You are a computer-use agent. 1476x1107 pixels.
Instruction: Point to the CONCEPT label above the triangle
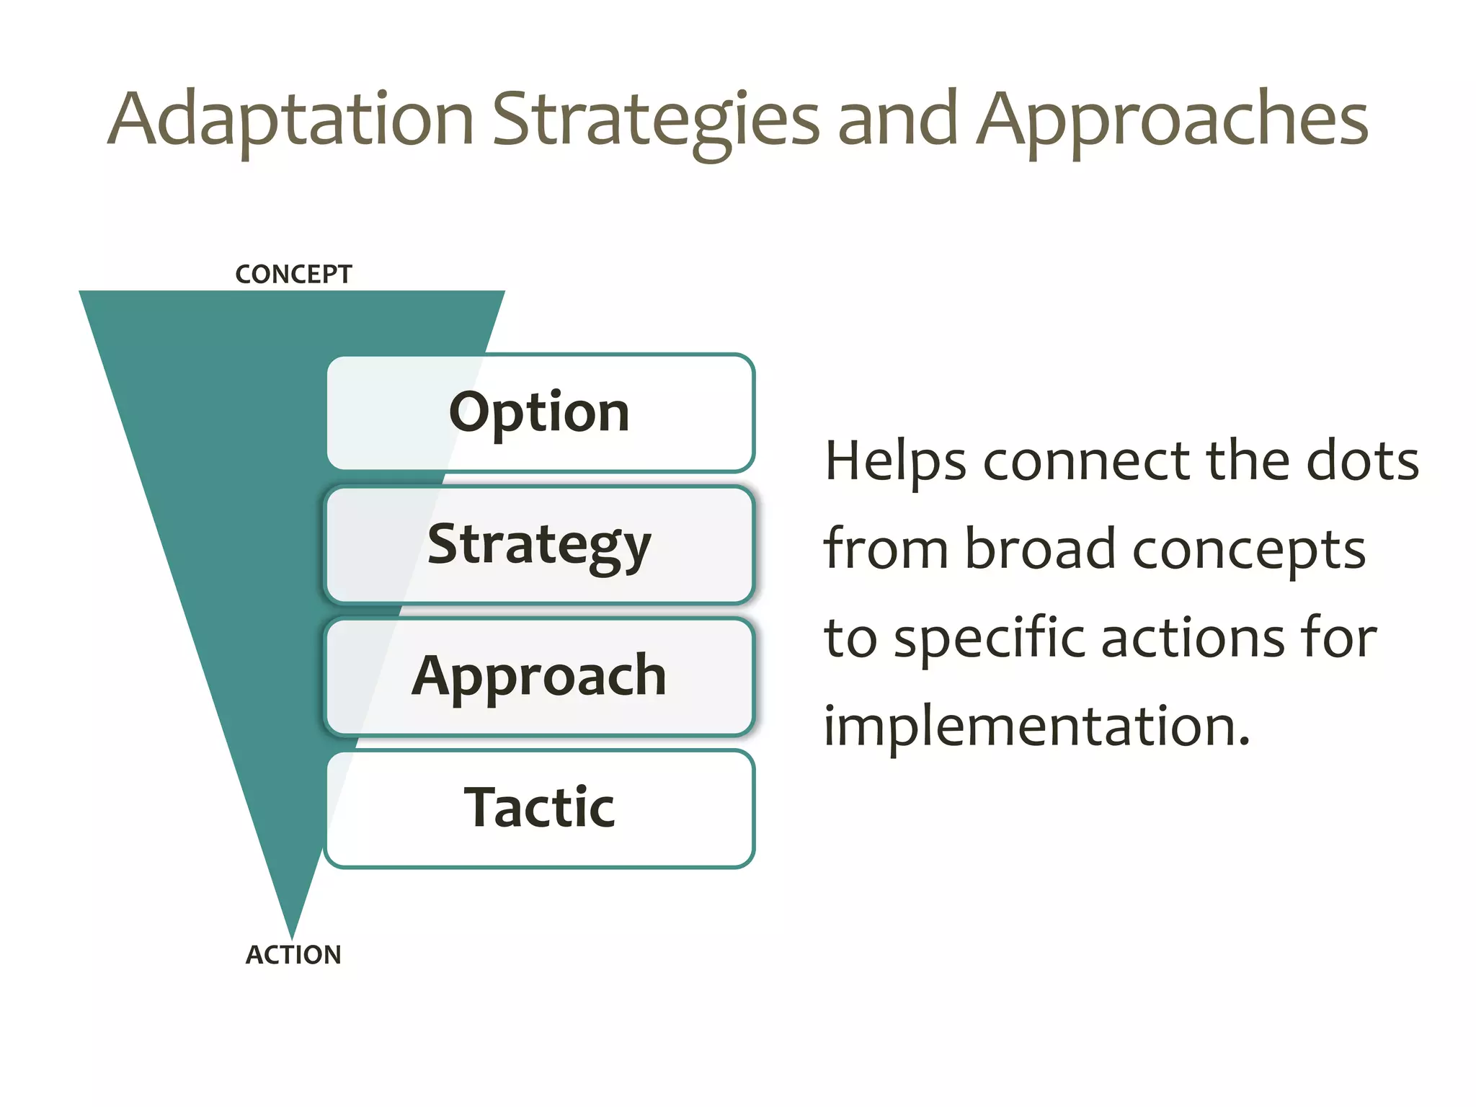pos(293,275)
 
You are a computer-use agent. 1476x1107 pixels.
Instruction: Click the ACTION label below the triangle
pos(293,955)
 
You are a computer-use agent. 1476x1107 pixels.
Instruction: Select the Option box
pos(540,412)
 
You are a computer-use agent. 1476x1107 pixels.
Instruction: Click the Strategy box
pos(540,544)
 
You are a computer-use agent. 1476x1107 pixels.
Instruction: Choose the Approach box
pos(540,676)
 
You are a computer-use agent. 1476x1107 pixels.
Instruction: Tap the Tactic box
pos(540,808)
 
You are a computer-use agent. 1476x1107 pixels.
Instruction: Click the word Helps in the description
pos(896,461)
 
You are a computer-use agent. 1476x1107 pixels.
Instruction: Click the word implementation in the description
pos(1036,726)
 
